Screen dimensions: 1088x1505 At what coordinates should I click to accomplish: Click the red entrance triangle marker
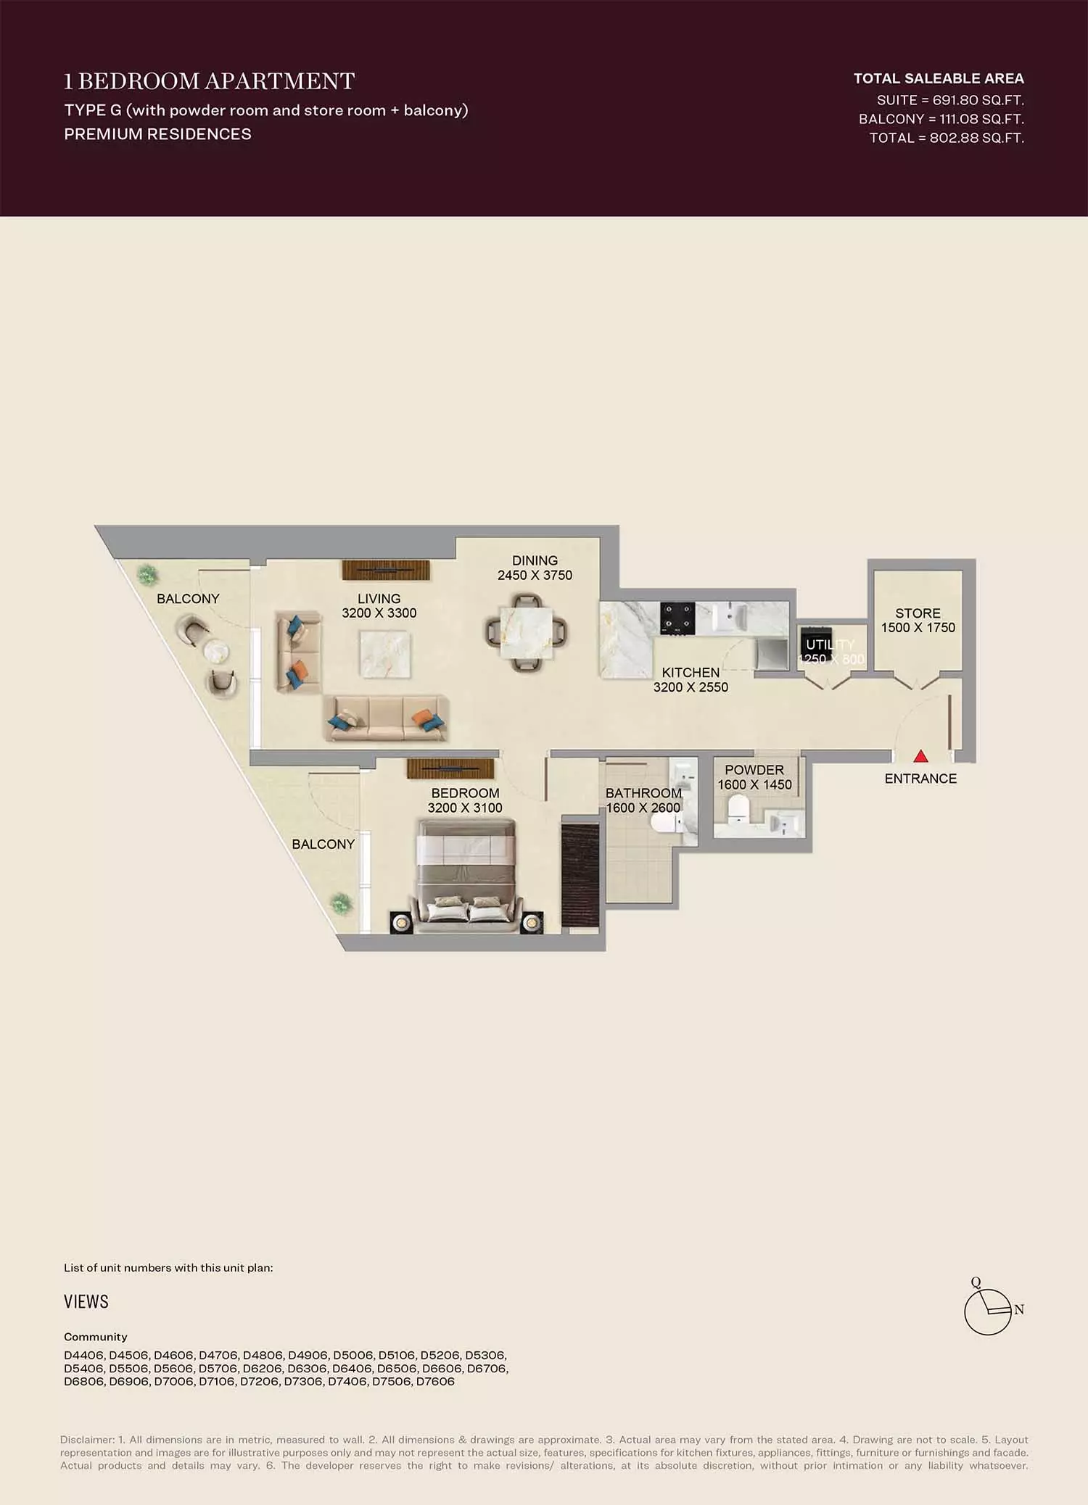pyautogui.click(x=920, y=756)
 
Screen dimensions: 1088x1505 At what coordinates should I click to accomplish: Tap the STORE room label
pyautogui.click(x=918, y=613)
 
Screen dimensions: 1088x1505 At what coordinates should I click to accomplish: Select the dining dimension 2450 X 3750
pyautogui.click(x=535, y=576)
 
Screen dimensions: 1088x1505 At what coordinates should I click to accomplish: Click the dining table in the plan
pyautogui.click(x=527, y=633)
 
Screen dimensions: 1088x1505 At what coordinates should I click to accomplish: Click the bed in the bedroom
pyautogui.click(x=465, y=875)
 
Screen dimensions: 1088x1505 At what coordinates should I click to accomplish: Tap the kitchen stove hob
pyautogui.click(x=677, y=619)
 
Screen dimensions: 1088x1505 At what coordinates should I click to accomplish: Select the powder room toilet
pyautogui.click(x=738, y=809)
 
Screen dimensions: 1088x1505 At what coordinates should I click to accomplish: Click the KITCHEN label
pyautogui.click(x=691, y=673)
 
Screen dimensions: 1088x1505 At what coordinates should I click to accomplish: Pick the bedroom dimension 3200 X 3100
pyautogui.click(x=465, y=808)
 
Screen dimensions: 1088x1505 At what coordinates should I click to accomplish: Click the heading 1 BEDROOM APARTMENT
pyautogui.click(x=210, y=80)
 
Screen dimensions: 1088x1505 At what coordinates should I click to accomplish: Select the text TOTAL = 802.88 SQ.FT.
pyautogui.click(x=947, y=138)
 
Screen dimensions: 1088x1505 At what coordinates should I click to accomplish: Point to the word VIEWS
pyautogui.click(x=86, y=1301)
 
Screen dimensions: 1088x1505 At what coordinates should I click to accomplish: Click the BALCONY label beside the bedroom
pyautogui.click(x=323, y=845)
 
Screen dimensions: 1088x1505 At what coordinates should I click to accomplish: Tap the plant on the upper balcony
pyautogui.click(x=147, y=575)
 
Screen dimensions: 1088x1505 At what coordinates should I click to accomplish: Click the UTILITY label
pyautogui.click(x=831, y=644)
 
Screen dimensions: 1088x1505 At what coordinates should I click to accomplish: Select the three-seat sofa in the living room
pyautogui.click(x=385, y=718)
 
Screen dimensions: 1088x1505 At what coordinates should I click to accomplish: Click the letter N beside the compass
pyautogui.click(x=1019, y=1310)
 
